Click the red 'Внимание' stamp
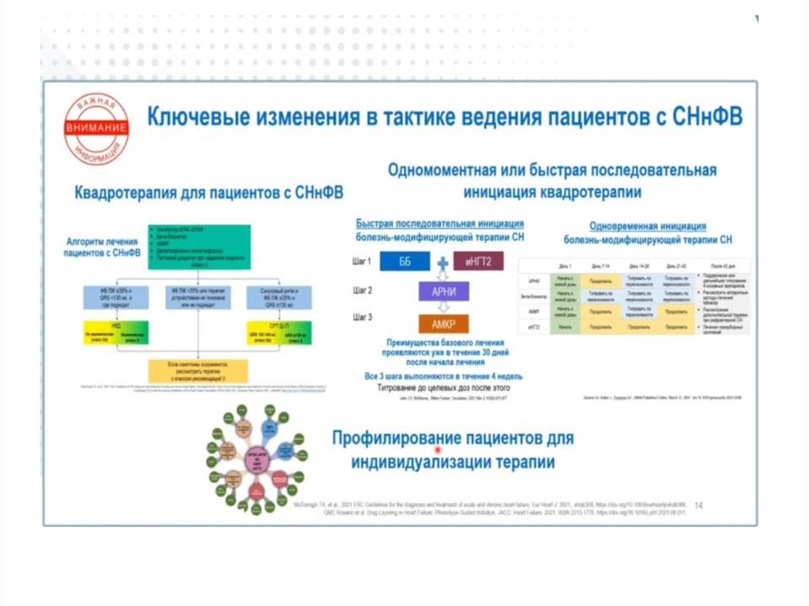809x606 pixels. pos(96,129)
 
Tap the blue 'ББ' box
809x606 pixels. pos(405,262)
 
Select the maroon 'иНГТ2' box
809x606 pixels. pos(479,262)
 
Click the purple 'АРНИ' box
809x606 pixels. pos(443,292)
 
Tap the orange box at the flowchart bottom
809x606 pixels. pos(198,370)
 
